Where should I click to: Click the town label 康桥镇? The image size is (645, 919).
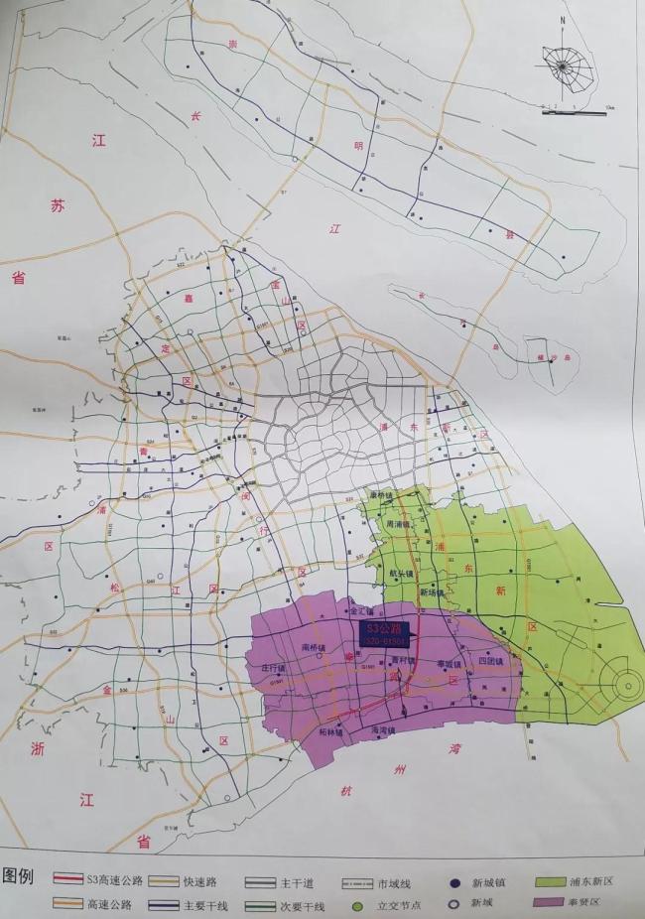click(x=381, y=495)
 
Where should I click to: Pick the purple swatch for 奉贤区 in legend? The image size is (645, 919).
click(x=559, y=903)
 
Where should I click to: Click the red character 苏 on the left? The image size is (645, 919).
click(x=59, y=206)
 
